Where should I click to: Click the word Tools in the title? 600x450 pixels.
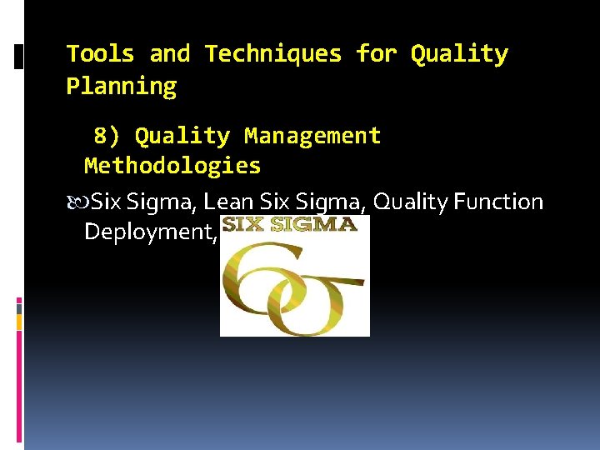[100, 54]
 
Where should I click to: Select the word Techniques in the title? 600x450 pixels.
[273, 54]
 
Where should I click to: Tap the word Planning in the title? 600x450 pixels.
[122, 87]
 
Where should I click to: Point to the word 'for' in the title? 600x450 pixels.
[376, 54]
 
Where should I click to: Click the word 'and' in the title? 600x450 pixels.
[169, 54]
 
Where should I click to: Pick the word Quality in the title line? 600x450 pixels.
[459, 54]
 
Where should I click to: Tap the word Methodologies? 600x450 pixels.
[172, 166]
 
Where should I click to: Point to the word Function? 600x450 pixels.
[503, 202]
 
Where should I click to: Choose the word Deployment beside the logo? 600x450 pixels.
[150, 232]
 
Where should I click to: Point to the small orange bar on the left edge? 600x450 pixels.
[19, 322]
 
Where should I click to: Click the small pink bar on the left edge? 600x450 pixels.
[19, 302]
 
